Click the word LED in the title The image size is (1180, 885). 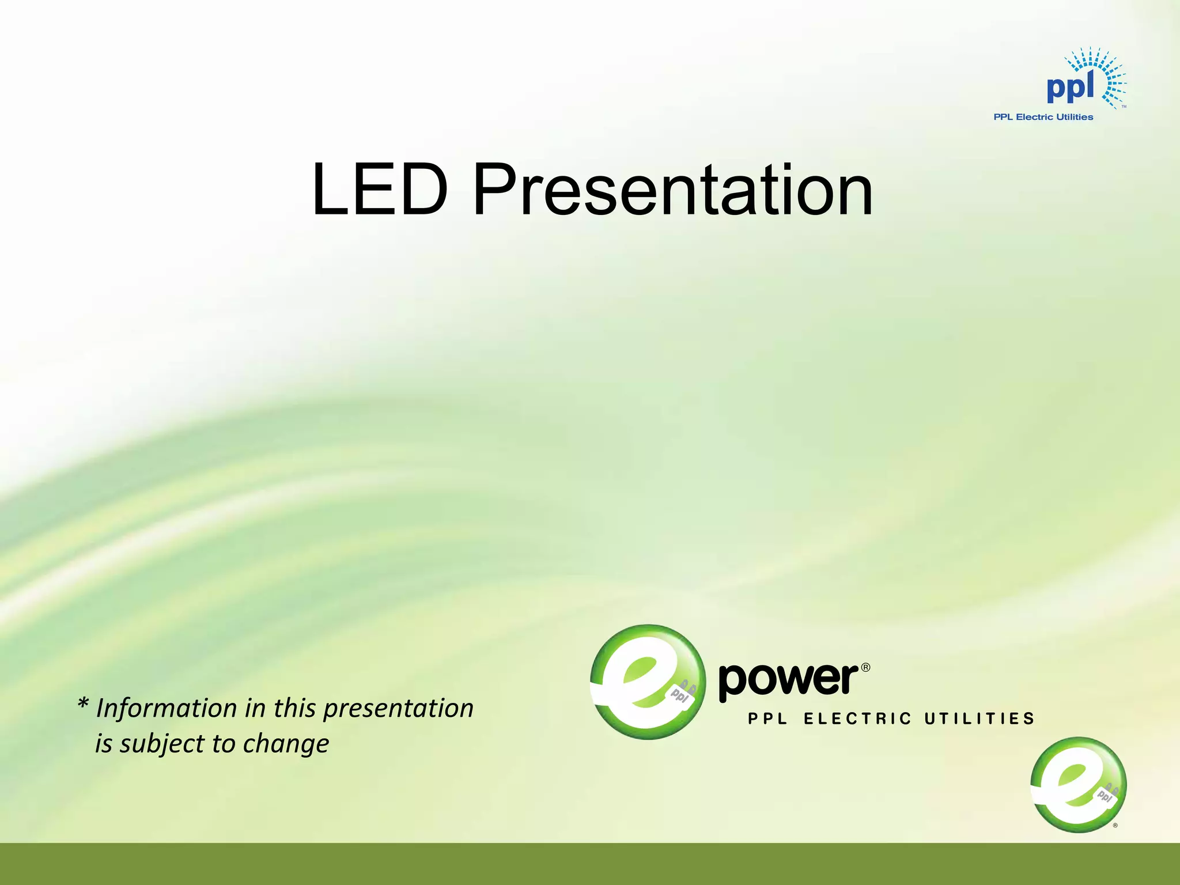tap(379, 190)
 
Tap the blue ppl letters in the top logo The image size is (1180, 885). tap(1070, 88)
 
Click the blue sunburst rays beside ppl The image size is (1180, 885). tap(1109, 78)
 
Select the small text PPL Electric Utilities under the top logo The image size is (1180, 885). tap(1043, 117)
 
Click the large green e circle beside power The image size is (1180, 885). tap(648, 682)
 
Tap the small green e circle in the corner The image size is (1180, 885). tap(1078, 784)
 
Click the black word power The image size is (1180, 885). tap(788, 680)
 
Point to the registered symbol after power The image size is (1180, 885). tap(865, 668)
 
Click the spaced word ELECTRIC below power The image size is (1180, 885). tap(857, 718)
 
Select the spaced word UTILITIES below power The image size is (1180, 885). tap(979, 718)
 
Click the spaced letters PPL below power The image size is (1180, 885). tap(767, 718)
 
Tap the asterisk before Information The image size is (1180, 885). tap(83, 704)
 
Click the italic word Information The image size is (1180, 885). tap(167, 708)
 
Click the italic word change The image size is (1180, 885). tap(286, 744)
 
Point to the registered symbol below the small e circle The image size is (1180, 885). tap(1115, 826)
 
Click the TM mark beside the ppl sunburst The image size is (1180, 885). tap(1124, 107)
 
